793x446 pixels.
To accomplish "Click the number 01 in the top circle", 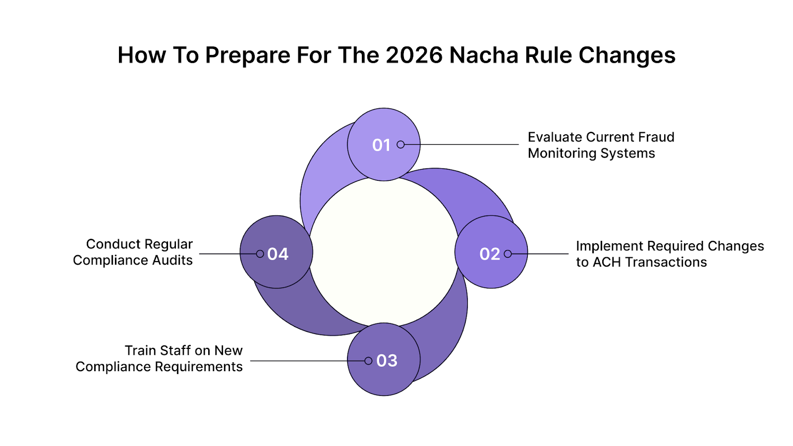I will (x=381, y=145).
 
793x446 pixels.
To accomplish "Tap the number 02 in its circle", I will (x=490, y=254).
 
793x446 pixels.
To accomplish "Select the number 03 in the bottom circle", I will (x=387, y=361).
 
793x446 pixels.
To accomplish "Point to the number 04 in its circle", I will (x=278, y=254).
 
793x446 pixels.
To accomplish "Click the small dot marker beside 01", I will (x=400, y=145).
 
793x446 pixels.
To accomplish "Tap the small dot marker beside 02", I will (x=508, y=254).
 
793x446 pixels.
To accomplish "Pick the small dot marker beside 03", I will (x=368, y=361).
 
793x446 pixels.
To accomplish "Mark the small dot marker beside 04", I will (x=260, y=254).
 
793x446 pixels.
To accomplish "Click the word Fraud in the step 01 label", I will (x=656, y=137).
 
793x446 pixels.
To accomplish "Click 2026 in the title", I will (x=414, y=55).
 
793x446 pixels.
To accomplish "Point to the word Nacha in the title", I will (x=484, y=55).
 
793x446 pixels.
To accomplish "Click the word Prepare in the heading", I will (x=247, y=55).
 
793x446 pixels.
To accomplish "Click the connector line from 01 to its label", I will (x=461, y=145).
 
